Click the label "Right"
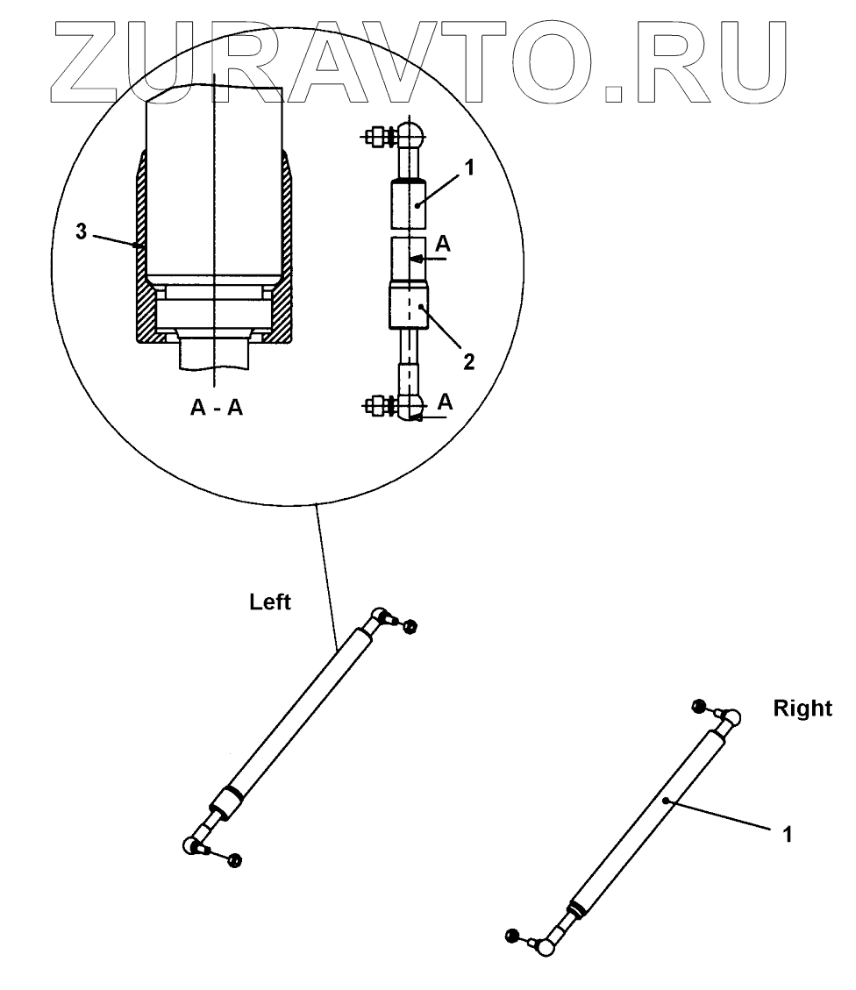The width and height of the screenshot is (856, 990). [802, 709]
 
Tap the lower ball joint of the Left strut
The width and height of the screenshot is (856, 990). [192, 846]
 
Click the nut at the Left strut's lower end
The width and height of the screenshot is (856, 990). [234, 860]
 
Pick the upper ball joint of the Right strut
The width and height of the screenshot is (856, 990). [731, 717]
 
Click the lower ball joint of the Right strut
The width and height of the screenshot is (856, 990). [546, 945]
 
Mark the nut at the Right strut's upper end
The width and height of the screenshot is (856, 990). [699, 706]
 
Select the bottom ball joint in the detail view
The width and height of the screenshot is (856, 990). [411, 405]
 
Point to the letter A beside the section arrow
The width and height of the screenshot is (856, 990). [444, 246]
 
